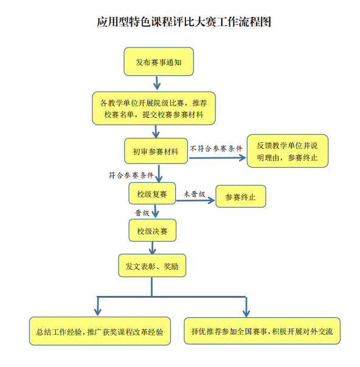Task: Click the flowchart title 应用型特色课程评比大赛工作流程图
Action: (x=184, y=22)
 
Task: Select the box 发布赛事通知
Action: (x=159, y=61)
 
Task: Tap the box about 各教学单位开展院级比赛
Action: (x=154, y=108)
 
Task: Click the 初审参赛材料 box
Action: (x=156, y=151)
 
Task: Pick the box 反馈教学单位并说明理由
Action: (x=288, y=151)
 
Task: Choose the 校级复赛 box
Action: (x=152, y=194)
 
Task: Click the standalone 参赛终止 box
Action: (x=241, y=196)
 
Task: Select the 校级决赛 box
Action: (x=152, y=230)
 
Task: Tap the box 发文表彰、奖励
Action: (x=152, y=266)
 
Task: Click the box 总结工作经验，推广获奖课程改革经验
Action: (x=100, y=331)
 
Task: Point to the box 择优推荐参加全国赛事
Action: (x=262, y=331)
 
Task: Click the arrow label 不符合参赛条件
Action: (x=216, y=149)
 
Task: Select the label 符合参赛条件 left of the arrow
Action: (x=131, y=176)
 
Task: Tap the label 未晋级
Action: (x=195, y=194)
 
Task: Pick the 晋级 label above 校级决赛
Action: (x=142, y=213)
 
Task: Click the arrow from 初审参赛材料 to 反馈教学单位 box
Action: (x=218, y=158)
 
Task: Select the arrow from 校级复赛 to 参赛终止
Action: (x=195, y=201)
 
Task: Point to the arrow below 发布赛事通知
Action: (x=157, y=83)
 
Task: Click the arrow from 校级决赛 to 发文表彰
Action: (x=153, y=248)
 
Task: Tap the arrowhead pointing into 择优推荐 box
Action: (x=246, y=314)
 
